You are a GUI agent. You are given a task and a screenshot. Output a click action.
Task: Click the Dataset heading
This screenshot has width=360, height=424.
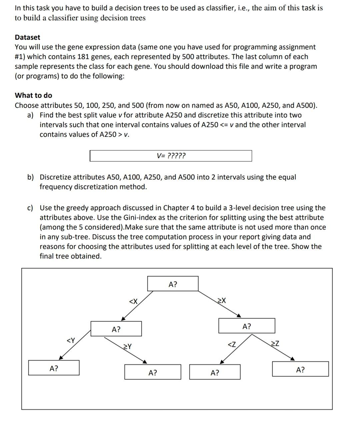[27, 37]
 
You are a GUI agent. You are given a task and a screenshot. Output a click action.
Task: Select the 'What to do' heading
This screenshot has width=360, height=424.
[33, 95]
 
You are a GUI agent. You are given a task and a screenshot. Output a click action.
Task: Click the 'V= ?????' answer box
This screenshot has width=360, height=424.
[171, 156]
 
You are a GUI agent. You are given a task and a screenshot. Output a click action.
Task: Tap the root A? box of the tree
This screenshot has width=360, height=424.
[173, 284]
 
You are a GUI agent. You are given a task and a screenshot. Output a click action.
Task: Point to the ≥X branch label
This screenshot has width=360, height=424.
[221, 301]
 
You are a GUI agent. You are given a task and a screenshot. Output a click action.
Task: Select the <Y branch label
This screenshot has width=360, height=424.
[71, 341]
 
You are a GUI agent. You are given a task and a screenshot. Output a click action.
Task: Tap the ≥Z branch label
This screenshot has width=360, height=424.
[275, 343]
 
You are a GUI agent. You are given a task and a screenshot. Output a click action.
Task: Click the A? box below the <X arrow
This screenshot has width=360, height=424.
[116, 329]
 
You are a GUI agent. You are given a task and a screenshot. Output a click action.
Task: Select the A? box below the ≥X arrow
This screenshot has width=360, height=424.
[247, 326]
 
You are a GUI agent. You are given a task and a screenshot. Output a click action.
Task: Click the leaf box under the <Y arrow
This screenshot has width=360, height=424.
[54, 368]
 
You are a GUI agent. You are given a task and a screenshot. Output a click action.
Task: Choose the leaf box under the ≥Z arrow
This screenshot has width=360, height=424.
[300, 369]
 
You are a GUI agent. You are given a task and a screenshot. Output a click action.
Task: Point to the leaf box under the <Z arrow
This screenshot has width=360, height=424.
[215, 372]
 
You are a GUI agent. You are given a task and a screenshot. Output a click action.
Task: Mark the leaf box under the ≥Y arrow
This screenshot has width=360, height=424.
[153, 372]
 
